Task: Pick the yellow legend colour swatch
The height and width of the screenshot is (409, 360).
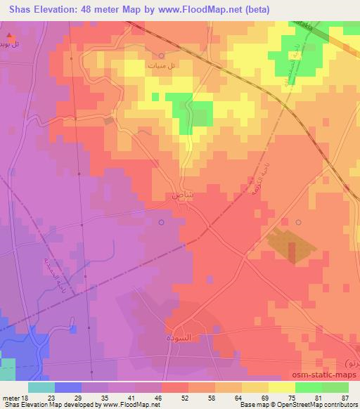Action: click(282, 387)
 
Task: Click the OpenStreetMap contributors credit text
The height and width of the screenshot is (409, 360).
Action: click(309, 405)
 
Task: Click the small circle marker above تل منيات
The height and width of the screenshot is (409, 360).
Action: click(162, 55)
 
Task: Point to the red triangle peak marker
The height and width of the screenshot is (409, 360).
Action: click(8, 34)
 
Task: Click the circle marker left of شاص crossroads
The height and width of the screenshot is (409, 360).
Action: click(162, 223)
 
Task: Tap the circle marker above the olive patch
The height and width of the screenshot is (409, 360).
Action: click(298, 222)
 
